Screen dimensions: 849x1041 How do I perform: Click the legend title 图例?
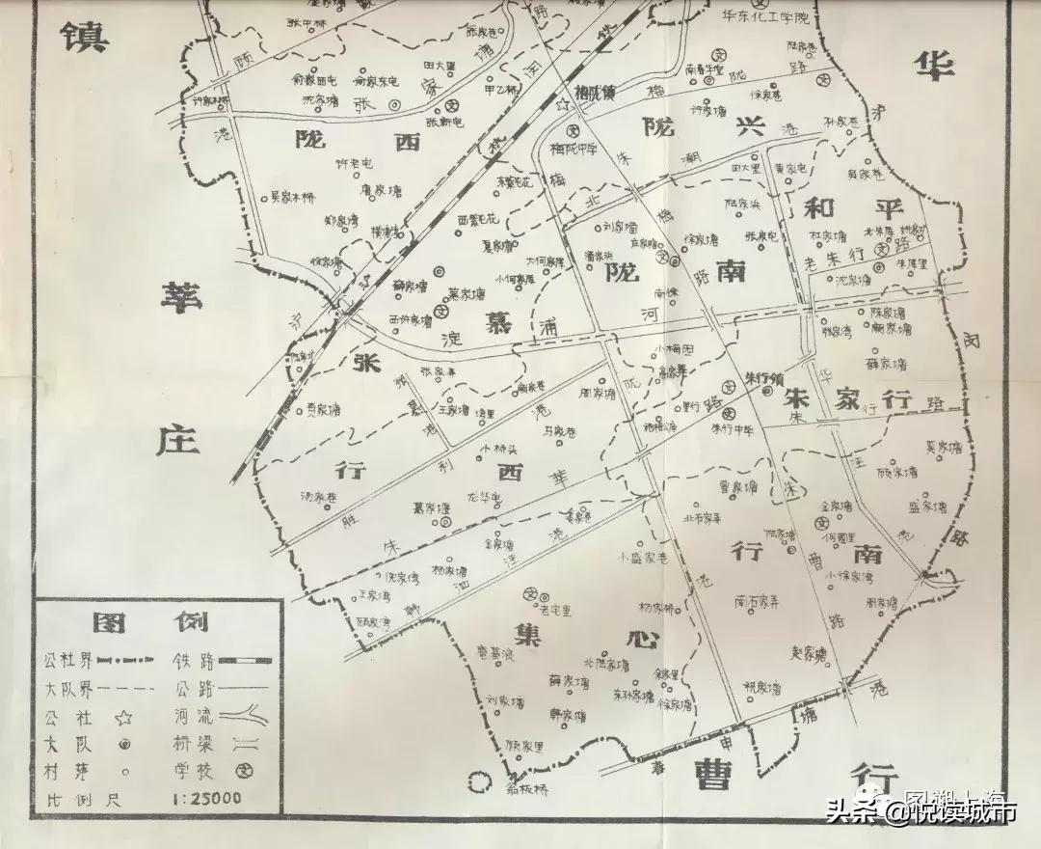coord(159,619)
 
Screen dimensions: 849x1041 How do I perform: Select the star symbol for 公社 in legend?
coord(123,717)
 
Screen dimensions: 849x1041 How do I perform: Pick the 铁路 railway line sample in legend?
coord(246,661)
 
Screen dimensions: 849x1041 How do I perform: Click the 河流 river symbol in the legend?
coord(246,717)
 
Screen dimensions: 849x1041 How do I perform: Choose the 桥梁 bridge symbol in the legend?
coord(246,744)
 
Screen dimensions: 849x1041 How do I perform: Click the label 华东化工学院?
coord(772,16)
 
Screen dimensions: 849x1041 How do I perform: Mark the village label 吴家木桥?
coord(292,198)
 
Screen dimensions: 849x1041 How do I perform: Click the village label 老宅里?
coord(555,610)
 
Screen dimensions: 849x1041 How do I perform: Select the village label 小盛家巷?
coord(643,558)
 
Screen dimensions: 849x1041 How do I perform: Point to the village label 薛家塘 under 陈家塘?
coord(887,364)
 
